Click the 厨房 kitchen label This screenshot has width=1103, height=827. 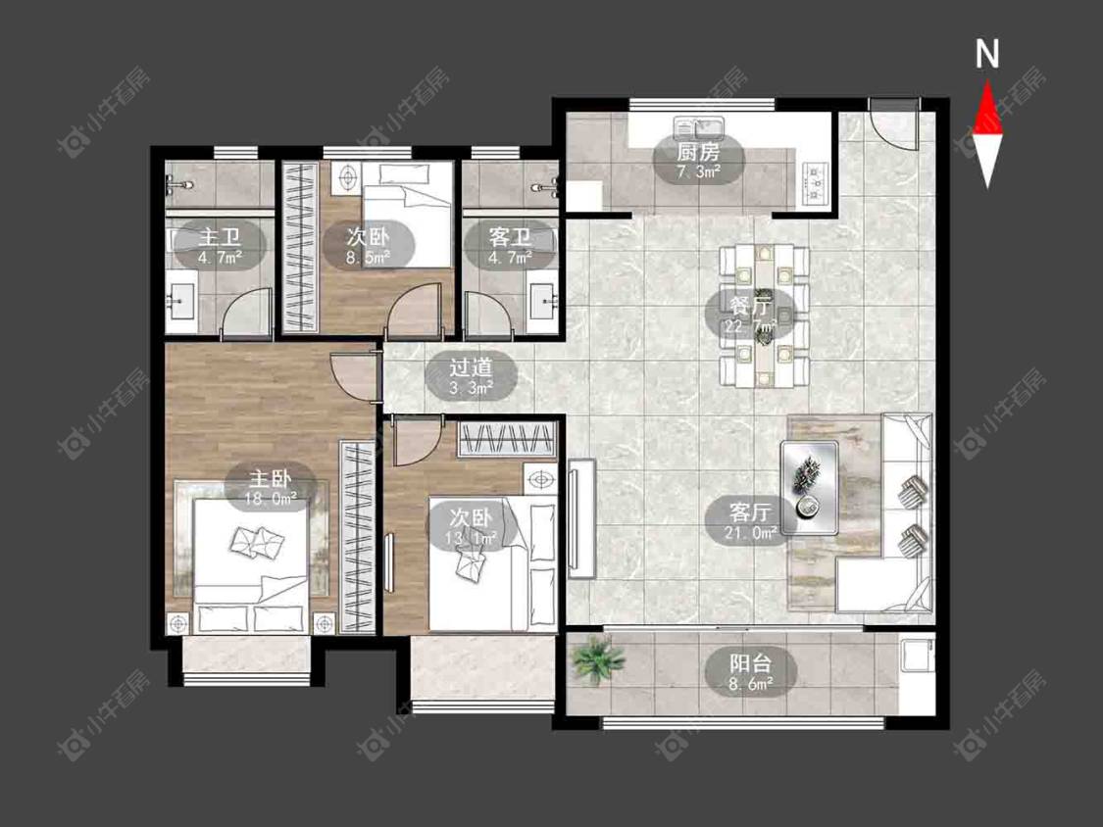click(698, 162)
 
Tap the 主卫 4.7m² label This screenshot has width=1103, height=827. click(220, 246)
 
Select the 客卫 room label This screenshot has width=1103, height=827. click(510, 246)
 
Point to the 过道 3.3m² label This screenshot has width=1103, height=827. click(472, 376)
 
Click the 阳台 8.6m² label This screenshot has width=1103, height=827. click(751, 673)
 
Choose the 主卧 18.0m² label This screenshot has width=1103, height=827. click(271, 488)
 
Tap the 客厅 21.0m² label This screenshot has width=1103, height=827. click(751, 521)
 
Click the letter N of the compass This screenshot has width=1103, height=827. click(987, 54)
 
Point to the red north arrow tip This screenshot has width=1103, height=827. click(987, 81)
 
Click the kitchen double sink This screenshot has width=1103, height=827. click(698, 128)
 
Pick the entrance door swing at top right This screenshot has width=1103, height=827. click(893, 122)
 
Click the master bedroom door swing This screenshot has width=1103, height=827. click(354, 375)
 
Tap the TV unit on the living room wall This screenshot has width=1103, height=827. click(581, 518)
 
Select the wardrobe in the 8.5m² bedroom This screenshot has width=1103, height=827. click(300, 247)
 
